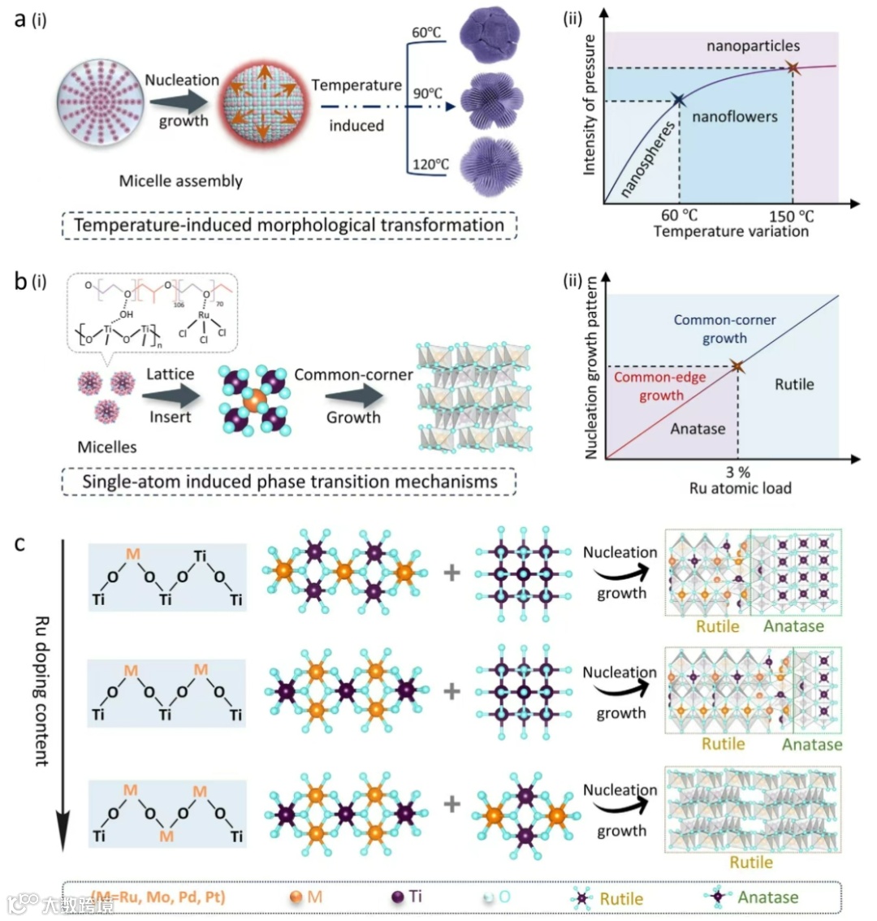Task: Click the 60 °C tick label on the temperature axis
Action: click(679, 216)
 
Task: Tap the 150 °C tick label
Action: click(791, 216)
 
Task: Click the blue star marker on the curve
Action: click(679, 101)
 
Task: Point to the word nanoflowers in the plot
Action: click(734, 116)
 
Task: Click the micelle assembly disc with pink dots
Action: click(101, 103)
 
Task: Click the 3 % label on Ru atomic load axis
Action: click(737, 472)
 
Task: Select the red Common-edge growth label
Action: click(660, 386)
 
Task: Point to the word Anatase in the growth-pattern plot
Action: click(698, 428)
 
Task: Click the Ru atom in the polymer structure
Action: click(203, 314)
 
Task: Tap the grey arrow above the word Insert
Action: click(171, 396)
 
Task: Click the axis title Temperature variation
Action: click(731, 231)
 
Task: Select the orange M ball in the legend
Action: click(296, 897)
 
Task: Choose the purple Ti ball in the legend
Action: click(398, 897)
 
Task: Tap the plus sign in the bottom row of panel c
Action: click(451, 804)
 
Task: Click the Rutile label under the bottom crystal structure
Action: click(750, 863)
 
